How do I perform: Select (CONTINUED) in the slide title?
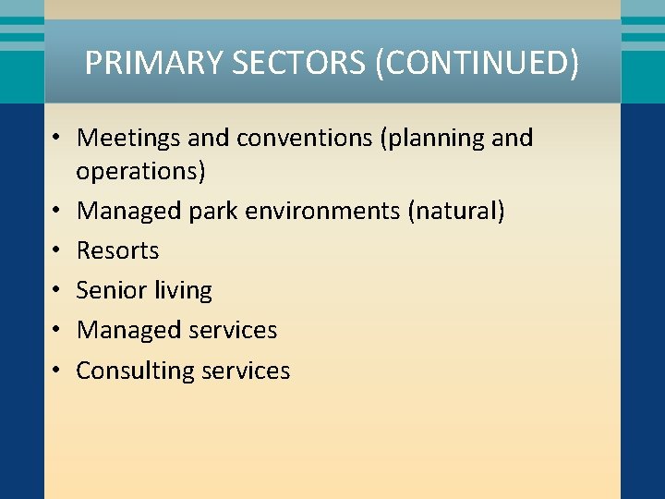(x=478, y=64)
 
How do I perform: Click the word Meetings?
(x=128, y=138)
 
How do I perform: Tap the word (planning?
(x=432, y=139)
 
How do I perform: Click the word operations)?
(x=141, y=172)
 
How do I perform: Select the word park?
(x=216, y=211)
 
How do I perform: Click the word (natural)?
(x=456, y=211)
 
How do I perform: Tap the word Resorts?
(x=117, y=250)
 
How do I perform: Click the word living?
(x=182, y=291)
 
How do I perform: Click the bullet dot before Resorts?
(x=56, y=250)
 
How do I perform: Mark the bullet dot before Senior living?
(x=56, y=290)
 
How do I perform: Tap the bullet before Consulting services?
(x=56, y=371)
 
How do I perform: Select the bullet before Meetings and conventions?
(x=56, y=139)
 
